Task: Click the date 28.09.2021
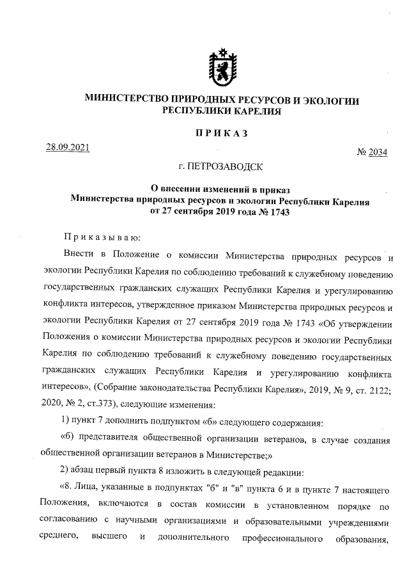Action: click(x=67, y=148)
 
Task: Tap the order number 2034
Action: click(x=377, y=153)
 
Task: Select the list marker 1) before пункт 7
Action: click(x=65, y=422)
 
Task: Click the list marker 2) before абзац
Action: click(x=65, y=473)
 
